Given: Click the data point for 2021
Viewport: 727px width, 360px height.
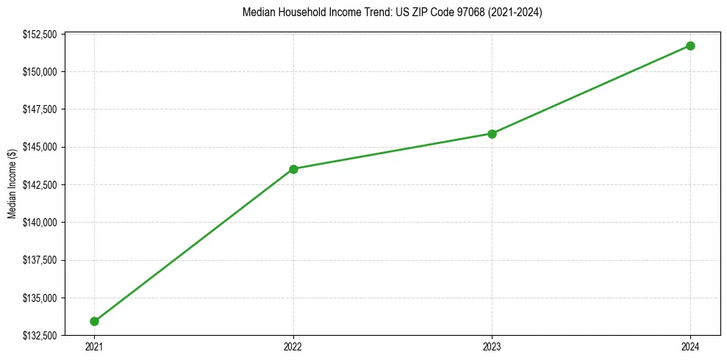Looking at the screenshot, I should coord(94,321).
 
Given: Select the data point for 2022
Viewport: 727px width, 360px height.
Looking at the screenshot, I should coord(293,169).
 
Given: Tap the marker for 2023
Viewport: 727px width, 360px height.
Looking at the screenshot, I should coord(492,134).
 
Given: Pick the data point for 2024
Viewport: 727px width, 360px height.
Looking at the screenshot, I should coord(690,46).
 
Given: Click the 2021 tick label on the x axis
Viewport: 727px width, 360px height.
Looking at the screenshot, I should coord(94,347).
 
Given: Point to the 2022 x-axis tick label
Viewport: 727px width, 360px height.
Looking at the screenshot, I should coord(293,347).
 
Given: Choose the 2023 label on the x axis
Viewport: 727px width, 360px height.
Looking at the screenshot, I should coord(492,347).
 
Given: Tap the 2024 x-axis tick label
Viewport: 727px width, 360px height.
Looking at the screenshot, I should coord(690,347).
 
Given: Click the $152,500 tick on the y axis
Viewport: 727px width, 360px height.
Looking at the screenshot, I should coord(40,34).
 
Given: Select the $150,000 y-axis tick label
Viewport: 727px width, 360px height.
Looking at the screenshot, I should coord(40,72).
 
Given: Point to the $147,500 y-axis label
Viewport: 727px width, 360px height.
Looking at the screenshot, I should coord(40,109).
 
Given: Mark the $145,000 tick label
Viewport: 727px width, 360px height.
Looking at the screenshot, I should coord(40,147).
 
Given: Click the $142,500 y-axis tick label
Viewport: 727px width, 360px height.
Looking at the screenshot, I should coord(40,185).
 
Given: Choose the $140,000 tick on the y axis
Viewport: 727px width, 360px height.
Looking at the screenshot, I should coord(40,223).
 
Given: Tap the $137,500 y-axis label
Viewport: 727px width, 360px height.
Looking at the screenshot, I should coord(40,260).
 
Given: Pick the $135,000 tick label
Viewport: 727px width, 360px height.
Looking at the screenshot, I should coord(40,298).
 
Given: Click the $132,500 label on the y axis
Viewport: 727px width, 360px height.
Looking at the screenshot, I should coord(40,336).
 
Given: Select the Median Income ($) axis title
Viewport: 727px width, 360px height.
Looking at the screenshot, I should coord(12,184).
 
